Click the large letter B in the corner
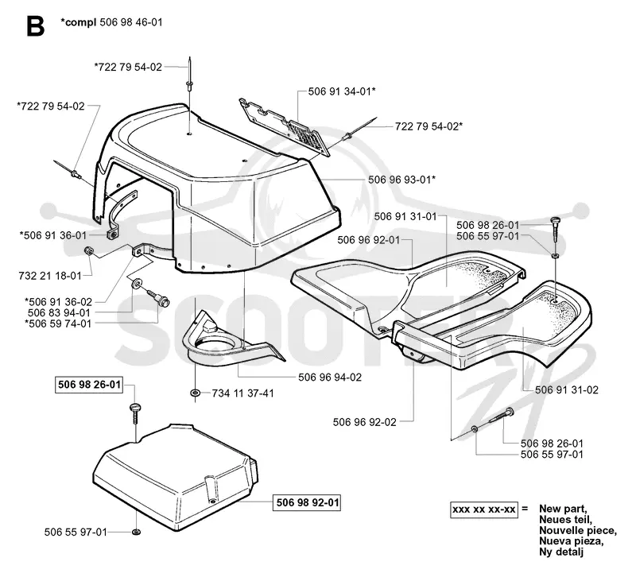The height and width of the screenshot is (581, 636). (35, 26)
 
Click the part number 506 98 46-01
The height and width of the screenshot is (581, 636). (131, 22)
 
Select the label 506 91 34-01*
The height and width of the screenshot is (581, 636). (342, 91)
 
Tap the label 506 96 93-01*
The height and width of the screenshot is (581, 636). (402, 179)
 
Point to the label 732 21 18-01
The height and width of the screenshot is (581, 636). (50, 276)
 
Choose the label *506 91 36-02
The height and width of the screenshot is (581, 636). (58, 302)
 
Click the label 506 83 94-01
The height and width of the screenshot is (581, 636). (59, 313)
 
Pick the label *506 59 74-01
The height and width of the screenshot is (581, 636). (58, 324)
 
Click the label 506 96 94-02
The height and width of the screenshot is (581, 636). (330, 378)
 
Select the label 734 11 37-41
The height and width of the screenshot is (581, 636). (243, 393)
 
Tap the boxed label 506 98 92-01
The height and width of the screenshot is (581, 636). (307, 503)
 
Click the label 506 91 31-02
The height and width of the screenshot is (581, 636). (567, 390)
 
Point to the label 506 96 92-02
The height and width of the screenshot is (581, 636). (365, 423)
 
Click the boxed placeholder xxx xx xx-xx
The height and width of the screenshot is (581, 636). (484, 509)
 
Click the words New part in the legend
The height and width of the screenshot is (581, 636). (563, 509)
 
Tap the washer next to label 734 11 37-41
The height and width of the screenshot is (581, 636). (195, 393)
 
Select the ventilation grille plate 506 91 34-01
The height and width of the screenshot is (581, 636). (284, 126)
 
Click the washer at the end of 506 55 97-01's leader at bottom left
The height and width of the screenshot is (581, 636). (137, 532)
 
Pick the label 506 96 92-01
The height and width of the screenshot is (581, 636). (369, 241)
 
